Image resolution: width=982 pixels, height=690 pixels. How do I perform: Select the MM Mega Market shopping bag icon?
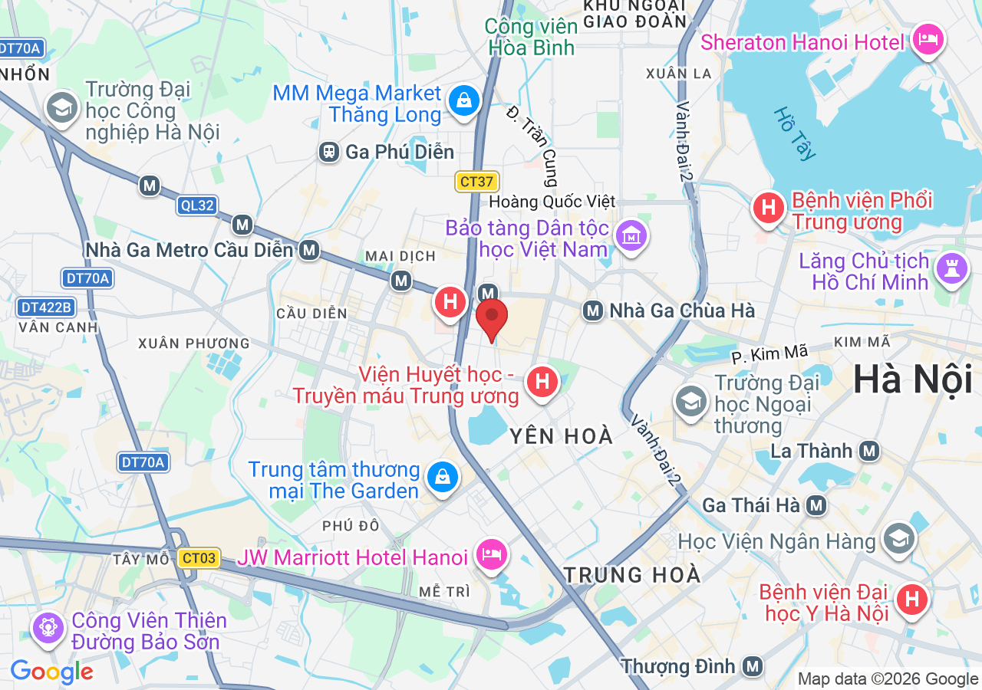[463, 102]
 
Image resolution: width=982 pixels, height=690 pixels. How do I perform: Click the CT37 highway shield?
[477, 182]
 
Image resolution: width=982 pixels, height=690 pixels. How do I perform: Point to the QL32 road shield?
[197, 205]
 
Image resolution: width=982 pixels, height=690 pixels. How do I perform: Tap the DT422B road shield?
[46, 307]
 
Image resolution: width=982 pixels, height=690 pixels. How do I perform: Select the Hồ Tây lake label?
[794, 134]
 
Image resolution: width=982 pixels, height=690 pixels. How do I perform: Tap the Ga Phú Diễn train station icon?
[329, 152]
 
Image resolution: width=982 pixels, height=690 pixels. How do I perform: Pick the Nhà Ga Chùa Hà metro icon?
[592, 310]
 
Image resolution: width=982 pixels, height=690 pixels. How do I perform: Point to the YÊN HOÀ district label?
[562, 436]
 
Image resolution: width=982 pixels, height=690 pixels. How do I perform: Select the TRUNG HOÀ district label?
[631, 574]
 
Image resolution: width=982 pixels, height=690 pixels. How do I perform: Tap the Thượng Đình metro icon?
[753, 665]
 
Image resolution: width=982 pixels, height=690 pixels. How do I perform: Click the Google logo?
[51, 672]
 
